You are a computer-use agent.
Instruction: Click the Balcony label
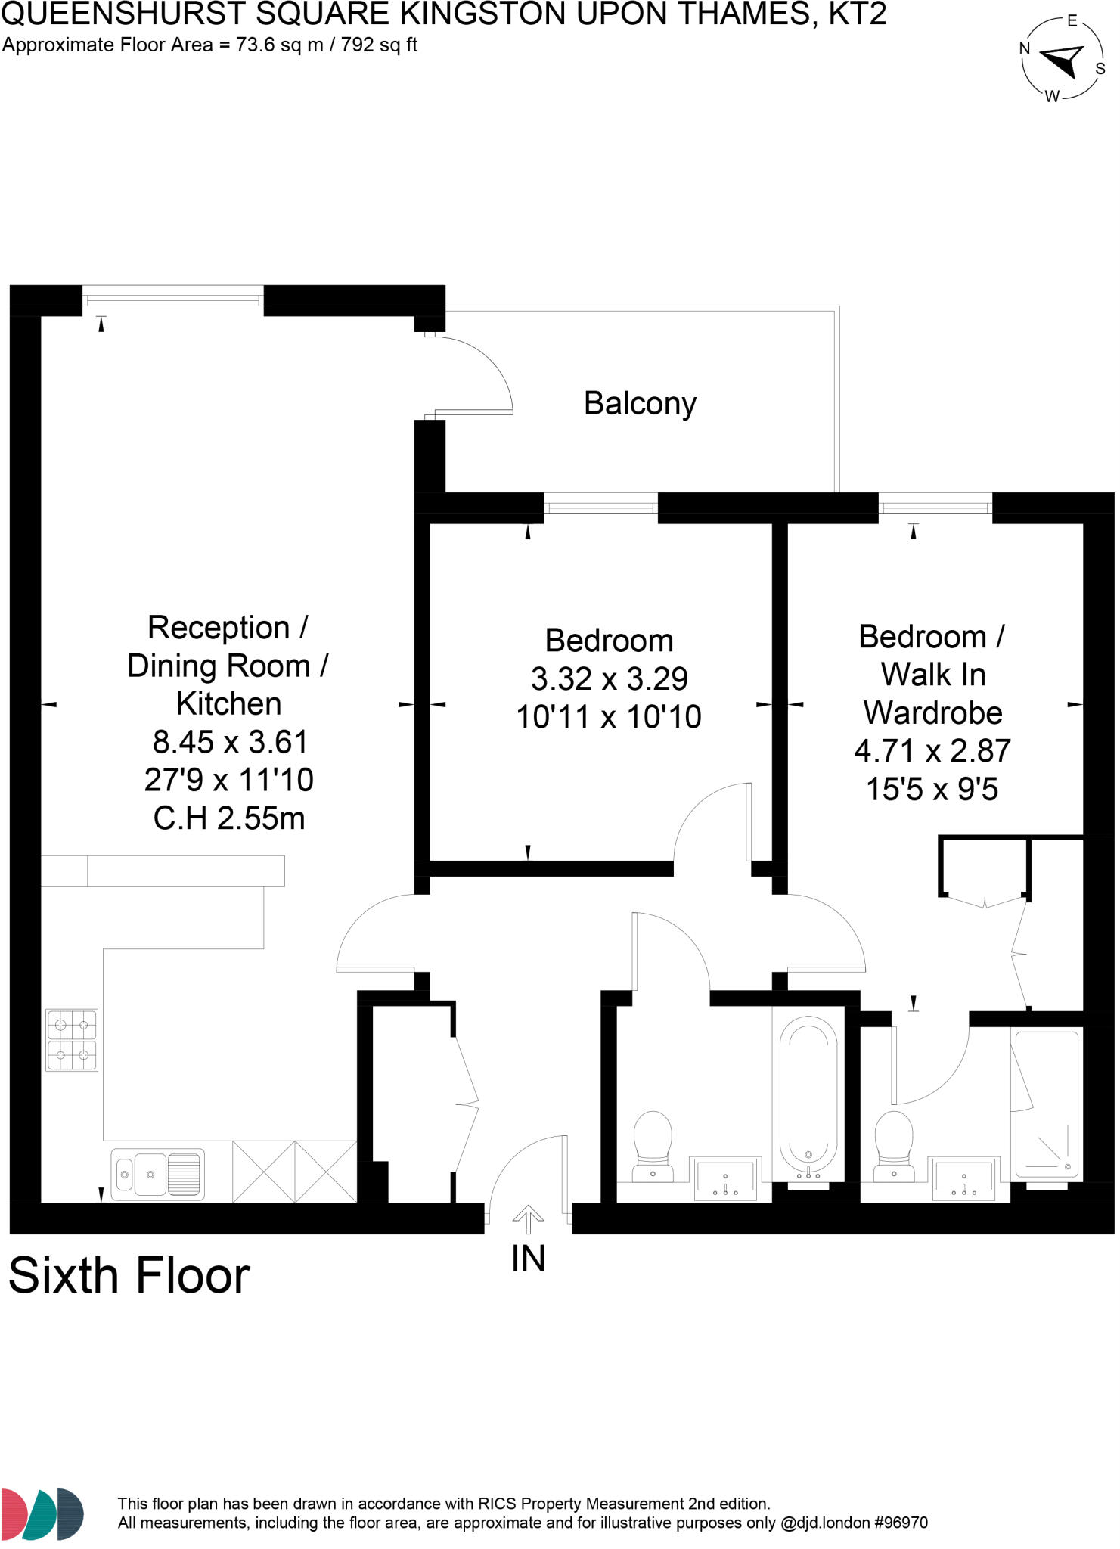tap(640, 404)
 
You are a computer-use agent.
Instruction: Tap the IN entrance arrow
tap(528, 1218)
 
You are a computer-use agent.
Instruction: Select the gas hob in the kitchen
tap(72, 1039)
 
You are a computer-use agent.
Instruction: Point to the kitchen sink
tap(157, 1174)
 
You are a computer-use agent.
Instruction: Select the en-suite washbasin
tap(964, 1178)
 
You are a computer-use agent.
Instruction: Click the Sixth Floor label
tap(129, 1276)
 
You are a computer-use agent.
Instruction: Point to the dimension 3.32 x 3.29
tap(610, 678)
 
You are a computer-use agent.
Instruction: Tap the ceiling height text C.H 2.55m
tap(229, 818)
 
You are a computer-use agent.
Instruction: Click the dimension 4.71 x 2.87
tap(932, 750)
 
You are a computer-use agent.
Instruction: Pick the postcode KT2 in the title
tap(857, 14)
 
